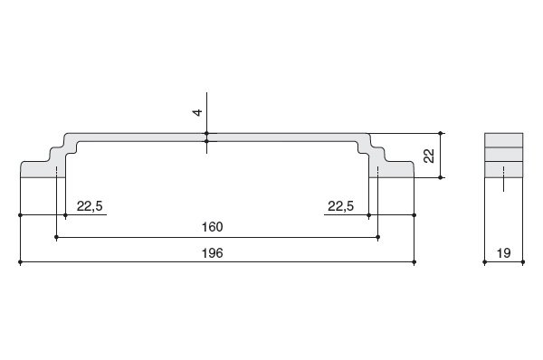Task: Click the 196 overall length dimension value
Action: pyautogui.click(x=213, y=253)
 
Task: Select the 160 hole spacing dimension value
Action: pyautogui.click(x=213, y=227)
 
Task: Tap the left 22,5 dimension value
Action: pyautogui.click(x=90, y=206)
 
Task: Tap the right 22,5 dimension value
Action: pyautogui.click(x=341, y=206)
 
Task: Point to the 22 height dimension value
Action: pyautogui.click(x=429, y=156)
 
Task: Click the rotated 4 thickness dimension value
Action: pyautogui.click(x=197, y=112)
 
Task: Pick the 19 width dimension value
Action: pyautogui.click(x=503, y=253)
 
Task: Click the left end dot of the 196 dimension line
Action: pyautogui.click(x=21, y=262)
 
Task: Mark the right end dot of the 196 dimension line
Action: pyautogui.click(x=414, y=262)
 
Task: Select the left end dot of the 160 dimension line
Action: pyautogui.click(x=56, y=237)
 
